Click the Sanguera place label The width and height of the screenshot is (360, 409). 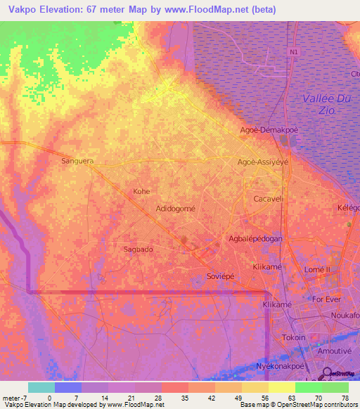pyautogui.click(x=77, y=161)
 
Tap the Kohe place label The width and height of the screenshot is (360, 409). pyautogui.click(x=142, y=191)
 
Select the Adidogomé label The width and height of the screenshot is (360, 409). pyautogui.click(x=175, y=209)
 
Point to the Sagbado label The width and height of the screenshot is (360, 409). pyautogui.click(x=139, y=249)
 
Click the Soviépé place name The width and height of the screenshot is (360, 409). pyautogui.click(x=219, y=276)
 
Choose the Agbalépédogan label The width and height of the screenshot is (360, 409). pyautogui.click(x=256, y=239)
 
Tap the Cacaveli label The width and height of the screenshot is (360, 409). pyautogui.click(x=268, y=199)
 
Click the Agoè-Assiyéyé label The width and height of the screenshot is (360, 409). pyautogui.click(x=264, y=161)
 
